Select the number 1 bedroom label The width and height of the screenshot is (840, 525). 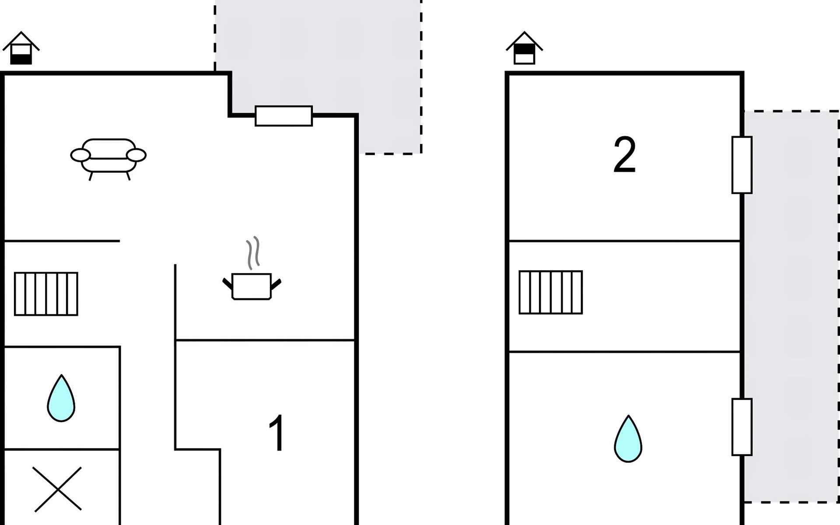(277, 433)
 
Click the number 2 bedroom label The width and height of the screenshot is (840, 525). (624, 155)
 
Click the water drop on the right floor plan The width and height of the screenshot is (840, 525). (628, 439)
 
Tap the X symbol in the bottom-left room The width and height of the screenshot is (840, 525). (57, 489)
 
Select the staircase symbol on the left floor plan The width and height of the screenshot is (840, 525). (46, 294)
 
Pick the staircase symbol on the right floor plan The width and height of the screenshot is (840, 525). (550, 292)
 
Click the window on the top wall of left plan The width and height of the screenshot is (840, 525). (283, 116)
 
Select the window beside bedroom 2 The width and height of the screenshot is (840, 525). (742, 165)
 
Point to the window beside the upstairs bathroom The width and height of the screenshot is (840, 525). (742, 427)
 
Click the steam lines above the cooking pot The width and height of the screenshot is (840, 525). (253, 253)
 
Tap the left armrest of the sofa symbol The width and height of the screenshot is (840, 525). (80, 155)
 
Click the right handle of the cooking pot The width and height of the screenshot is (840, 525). (276, 284)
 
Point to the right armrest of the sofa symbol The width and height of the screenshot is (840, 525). (136, 155)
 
